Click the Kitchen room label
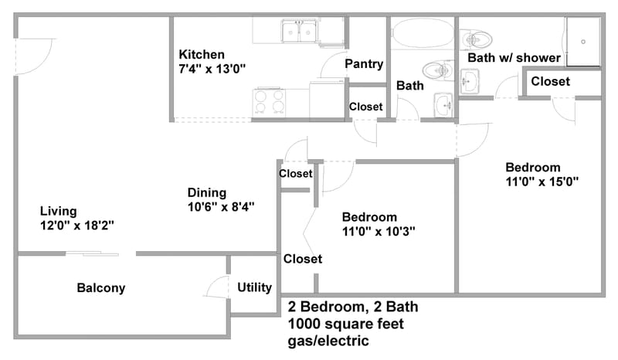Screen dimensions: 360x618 202,55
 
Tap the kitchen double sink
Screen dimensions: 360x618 299,31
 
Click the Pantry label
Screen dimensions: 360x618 365,63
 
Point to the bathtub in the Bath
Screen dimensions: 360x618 423,35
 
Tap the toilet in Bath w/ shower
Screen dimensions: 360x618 477,37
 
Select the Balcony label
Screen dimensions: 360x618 100,288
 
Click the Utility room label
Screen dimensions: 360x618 254,287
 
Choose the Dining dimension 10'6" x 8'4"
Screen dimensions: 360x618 221,207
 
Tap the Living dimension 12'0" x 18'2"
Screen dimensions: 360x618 77,226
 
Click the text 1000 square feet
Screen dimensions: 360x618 345,324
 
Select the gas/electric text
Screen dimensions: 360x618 328,341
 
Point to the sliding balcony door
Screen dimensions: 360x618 93,253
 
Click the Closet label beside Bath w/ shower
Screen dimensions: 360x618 550,81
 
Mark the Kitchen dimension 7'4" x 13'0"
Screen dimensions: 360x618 212,69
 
